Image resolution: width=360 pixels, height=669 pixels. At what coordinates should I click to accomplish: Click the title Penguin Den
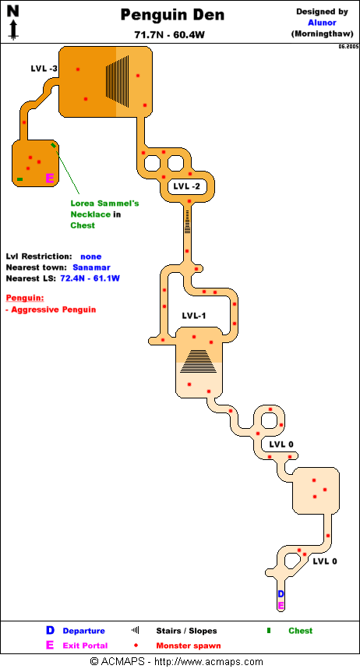click(x=172, y=16)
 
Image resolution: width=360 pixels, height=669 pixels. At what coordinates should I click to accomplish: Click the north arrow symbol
click(x=13, y=22)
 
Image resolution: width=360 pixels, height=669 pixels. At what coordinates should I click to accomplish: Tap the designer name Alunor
click(x=322, y=23)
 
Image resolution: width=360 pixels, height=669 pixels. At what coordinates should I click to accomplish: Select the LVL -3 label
click(x=44, y=69)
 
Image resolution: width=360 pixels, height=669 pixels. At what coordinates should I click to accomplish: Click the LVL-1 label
click(x=194, y=316)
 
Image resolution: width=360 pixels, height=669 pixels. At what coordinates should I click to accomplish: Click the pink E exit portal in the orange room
click(x=49, y=179)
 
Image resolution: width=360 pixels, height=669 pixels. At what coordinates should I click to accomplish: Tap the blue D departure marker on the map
click(x=281, y=594)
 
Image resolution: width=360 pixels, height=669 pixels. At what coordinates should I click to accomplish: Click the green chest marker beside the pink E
click(x=19, y=179)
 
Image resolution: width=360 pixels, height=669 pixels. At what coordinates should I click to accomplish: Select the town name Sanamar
click(x=91, y=267)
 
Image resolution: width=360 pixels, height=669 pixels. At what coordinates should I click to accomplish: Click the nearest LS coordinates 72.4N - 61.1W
click(x=90, y=278)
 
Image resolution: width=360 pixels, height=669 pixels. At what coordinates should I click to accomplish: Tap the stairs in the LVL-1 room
click(x=199, y=361)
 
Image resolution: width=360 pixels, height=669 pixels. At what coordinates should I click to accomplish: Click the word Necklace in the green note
click(x=90, y=214)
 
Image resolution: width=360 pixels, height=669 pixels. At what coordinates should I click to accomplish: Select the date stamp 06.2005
click(x=348, y=47)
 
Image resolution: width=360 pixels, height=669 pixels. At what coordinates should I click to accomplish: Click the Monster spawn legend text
click(x=189, y=646)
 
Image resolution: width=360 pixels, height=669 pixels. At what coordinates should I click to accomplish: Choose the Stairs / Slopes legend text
click(x=186, y=631)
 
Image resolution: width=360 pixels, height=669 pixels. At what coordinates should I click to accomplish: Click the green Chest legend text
click(x=300, y=631)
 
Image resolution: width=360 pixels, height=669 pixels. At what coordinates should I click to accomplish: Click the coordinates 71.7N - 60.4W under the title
click(x=169, y=35)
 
